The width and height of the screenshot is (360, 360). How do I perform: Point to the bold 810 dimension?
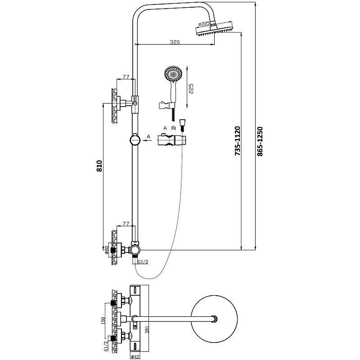tap(100, 166)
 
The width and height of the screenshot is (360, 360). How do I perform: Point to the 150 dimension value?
tap(103, 320)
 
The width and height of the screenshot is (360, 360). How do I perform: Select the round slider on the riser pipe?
tap(135, 140)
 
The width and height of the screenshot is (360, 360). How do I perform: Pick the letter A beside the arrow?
tap(148, 136)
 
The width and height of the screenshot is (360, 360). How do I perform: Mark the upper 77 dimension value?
tap(126, 77)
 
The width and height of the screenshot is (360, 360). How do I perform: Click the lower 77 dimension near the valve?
tap(126, 223)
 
